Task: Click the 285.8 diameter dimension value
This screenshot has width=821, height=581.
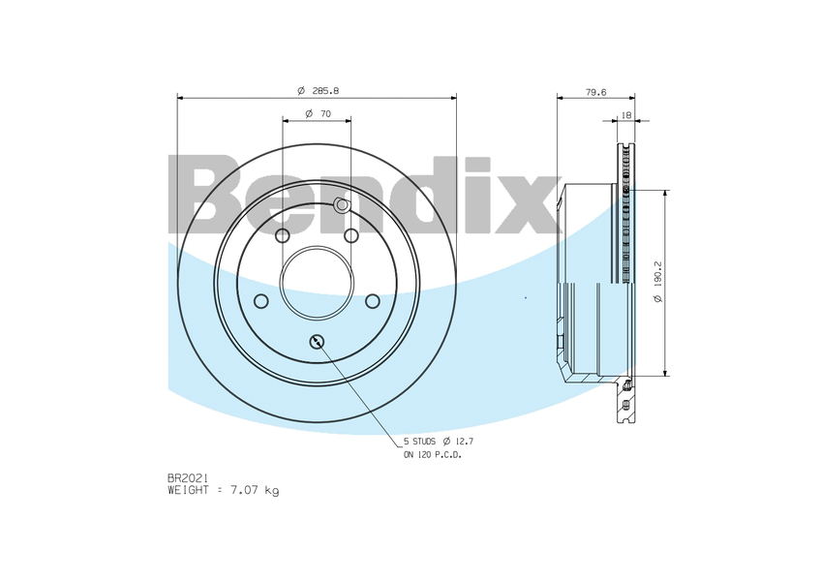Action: (325, 91)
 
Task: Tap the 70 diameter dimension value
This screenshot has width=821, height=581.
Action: (325, 113)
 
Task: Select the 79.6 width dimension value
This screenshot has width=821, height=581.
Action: (595, 92)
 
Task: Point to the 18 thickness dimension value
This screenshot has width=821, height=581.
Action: (626, 115)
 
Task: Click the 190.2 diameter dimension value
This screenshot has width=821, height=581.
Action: (658, 273)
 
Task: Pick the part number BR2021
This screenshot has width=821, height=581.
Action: (189, 478)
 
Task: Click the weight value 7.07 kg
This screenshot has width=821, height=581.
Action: (255, 490)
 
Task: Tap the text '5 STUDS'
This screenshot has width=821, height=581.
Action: (419, 442)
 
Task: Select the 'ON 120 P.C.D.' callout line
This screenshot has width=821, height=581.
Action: (433, 455)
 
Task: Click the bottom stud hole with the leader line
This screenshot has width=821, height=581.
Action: (318, 342)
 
